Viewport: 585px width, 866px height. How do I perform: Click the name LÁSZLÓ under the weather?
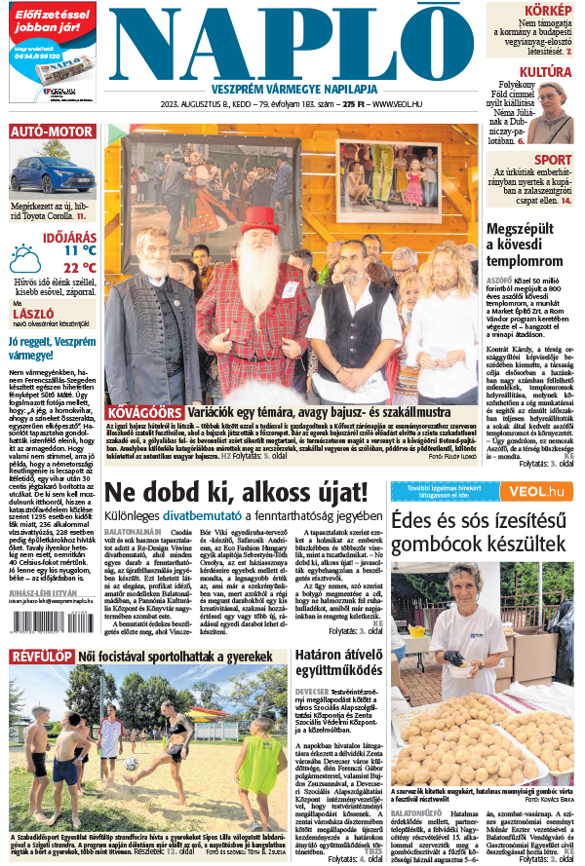point(31,315)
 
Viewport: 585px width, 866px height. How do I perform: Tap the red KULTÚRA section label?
point(544,72)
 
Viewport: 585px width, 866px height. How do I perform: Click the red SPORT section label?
point(553,160)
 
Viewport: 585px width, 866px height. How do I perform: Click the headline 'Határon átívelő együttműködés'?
point(336,666)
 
